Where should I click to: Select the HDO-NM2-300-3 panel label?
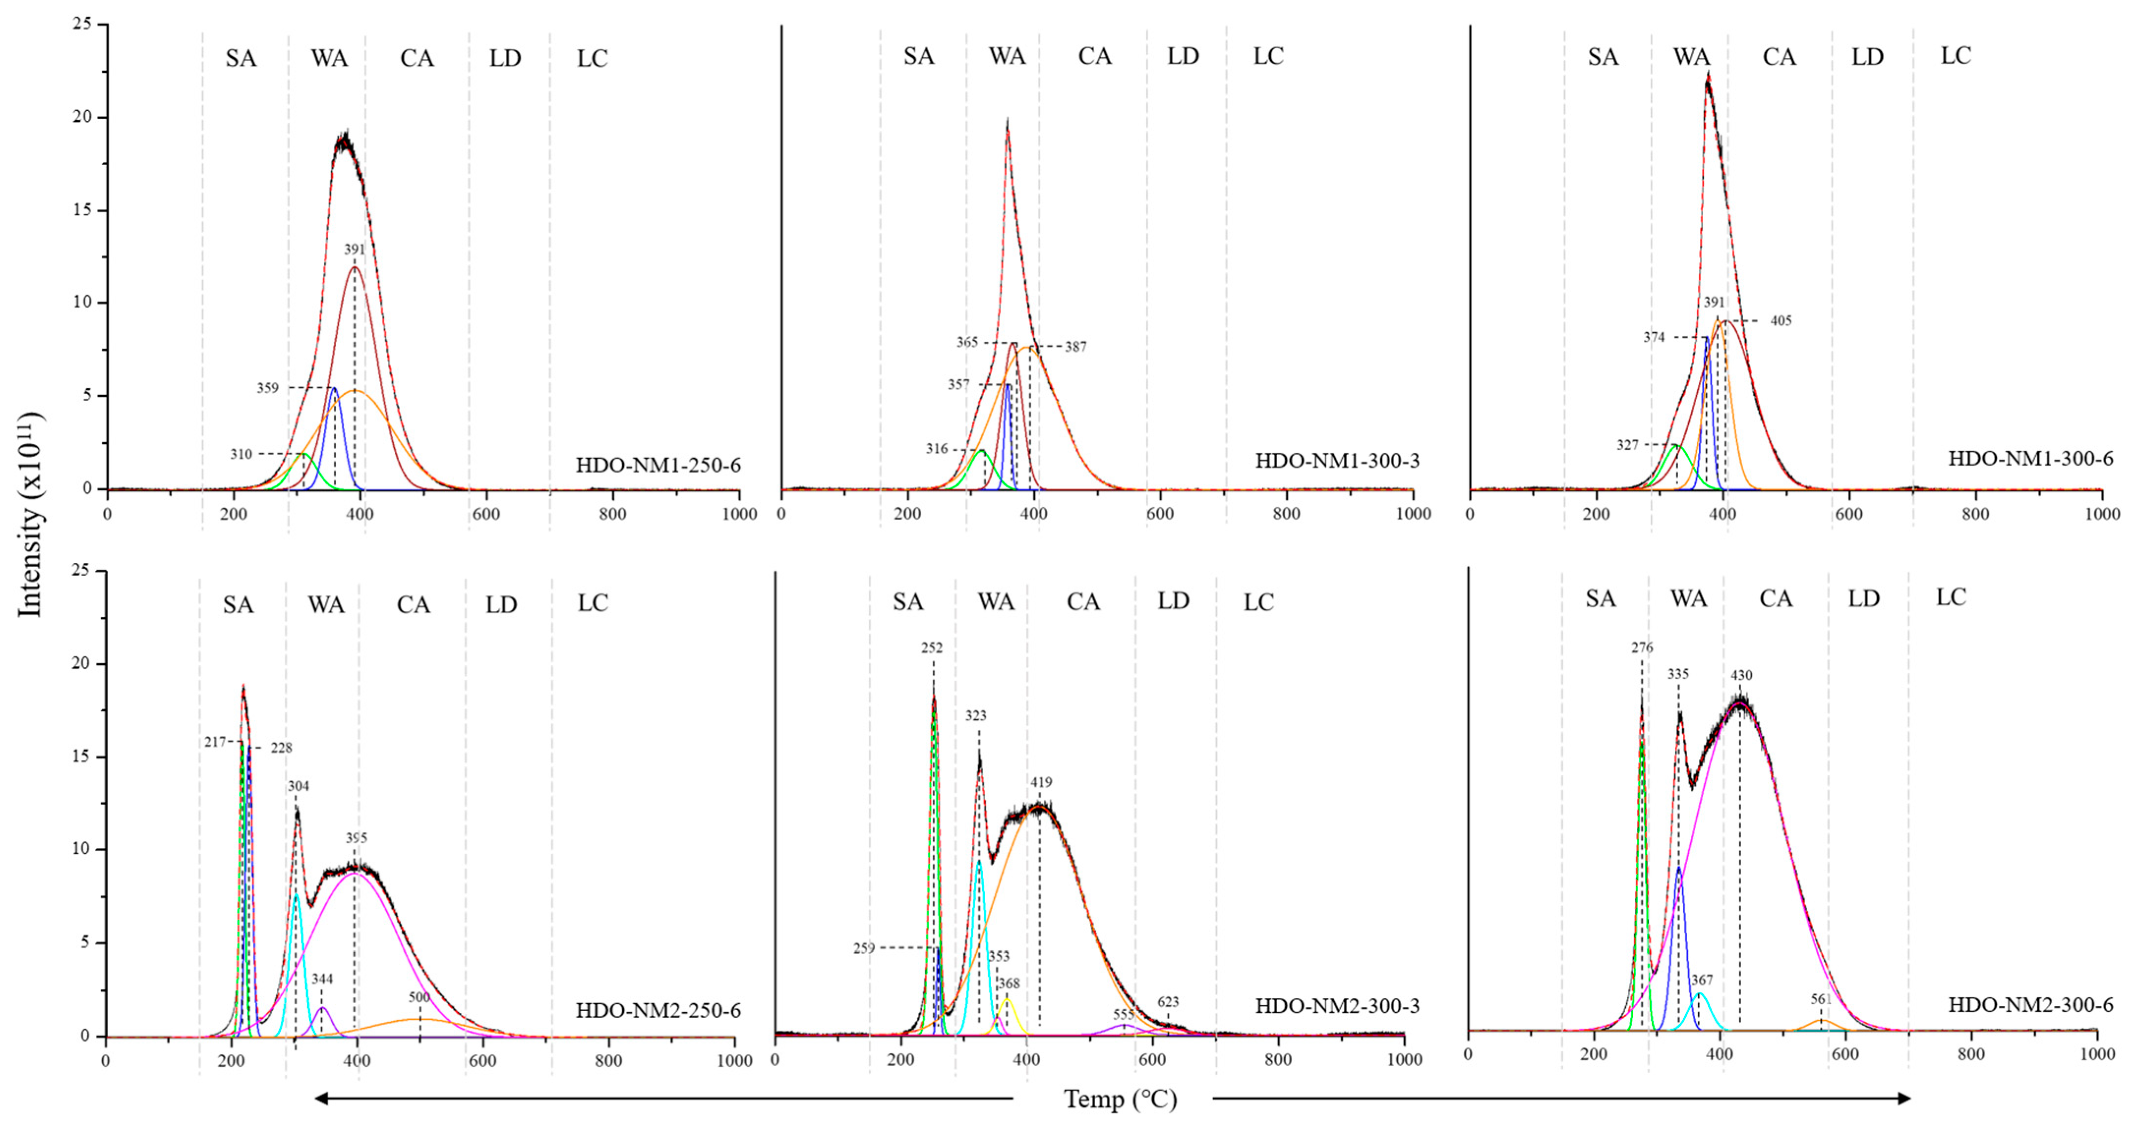(x=1337, y=1007)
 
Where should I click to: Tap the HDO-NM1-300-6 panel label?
(x=2030, y=459)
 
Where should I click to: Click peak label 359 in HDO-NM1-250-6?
(x=267, y=388)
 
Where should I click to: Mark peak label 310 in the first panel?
(x=241, y=454)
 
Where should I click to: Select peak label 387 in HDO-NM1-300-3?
(x=1076, y=347)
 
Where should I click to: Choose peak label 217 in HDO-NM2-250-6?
(x=215, y=742)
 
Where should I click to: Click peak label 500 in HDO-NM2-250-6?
(x=419, y=997)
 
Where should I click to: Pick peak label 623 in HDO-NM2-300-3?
(x=1168, y=1002)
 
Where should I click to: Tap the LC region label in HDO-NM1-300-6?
(x=1956, y=56)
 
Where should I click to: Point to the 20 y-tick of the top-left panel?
(x=82, y=117)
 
